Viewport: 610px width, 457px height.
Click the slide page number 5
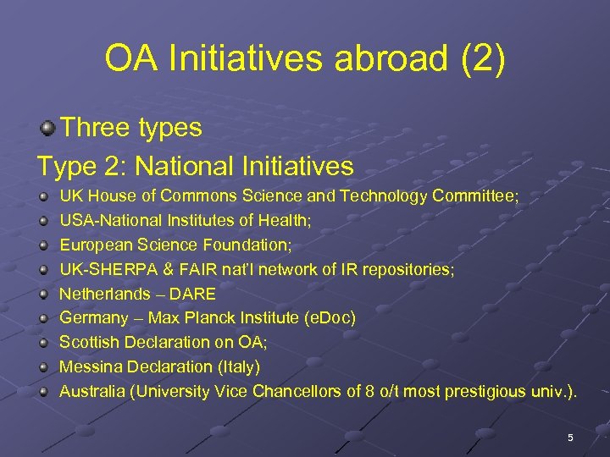click(570, 437)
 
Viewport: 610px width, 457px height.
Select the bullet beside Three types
click(48, 129)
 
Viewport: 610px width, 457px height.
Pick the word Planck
click(211, 318)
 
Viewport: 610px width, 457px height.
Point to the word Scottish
click(88, 343)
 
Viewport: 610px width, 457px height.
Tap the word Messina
click(89, 367)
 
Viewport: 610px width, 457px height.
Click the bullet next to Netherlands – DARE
click(42, 295)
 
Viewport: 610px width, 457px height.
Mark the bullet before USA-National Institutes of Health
click(42, 221)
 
